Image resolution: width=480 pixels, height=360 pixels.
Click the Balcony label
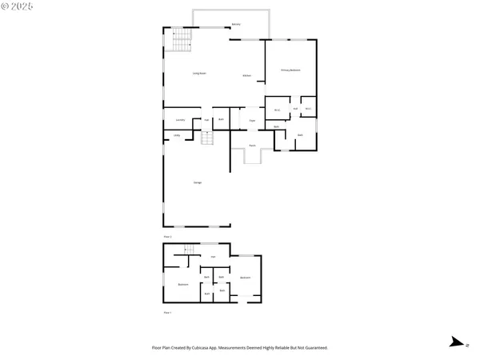(235, 25)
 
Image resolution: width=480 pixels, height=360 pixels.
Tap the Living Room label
(199, 74)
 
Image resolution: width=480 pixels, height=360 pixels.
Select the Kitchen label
(247, 75)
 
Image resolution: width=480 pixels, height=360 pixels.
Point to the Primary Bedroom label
(290, 70)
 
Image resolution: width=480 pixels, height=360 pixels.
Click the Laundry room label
(180, 120)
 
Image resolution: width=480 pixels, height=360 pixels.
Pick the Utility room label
(177, 135)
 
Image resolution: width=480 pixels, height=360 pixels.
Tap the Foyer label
(251, 120)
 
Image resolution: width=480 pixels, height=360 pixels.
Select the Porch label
(251, 146)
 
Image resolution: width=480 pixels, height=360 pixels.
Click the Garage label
(197, 182)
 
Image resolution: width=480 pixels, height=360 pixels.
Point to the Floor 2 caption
(168, 237)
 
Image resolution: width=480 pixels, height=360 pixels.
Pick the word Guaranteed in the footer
(315, 348)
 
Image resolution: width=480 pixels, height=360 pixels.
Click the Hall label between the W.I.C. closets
(295, 109)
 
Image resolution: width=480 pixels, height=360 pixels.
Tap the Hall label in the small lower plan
(213, 257)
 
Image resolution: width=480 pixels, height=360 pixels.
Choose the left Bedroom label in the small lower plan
(183, 285)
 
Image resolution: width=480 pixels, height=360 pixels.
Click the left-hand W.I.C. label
(277, 110)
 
